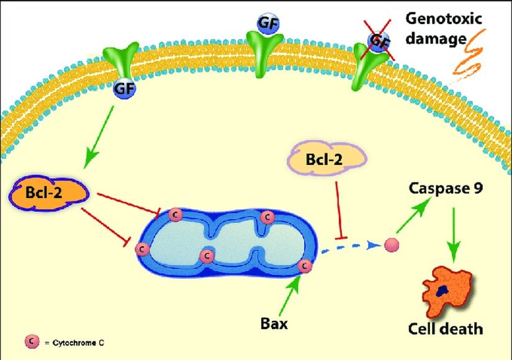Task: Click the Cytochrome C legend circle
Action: pos(29,341)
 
